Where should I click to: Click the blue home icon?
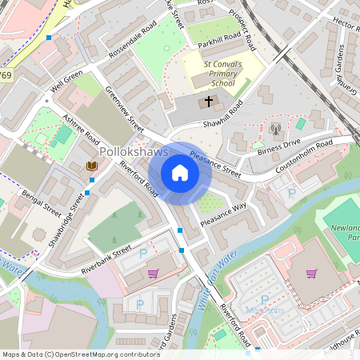pyautogui.click(x=180, y=173)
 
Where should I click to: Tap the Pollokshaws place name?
pyautogui.click(x=134, y=152)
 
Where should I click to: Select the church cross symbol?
pyautogui.click(x=210, y=102)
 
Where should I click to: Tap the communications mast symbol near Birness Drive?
pyautogui.click(x=275, y=128)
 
